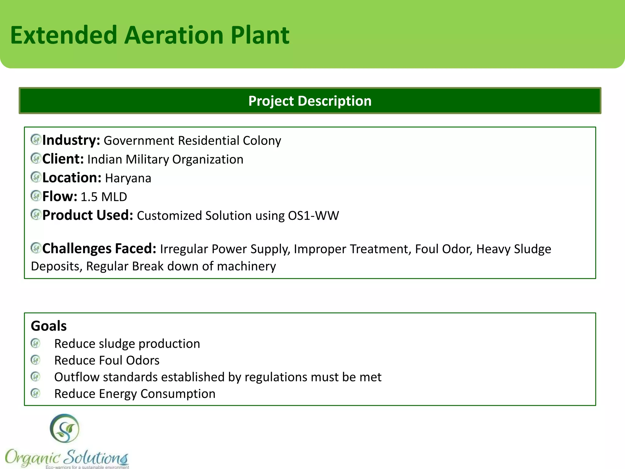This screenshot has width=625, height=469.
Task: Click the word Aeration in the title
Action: (x=174, y=35)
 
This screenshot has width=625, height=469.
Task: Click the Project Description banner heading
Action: (x=310, y=101)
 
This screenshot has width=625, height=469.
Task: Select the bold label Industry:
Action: (x=71, y=140)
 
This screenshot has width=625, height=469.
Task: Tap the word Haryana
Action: (x=128, y=178)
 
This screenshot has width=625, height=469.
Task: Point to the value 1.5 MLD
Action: (x=104, y=197)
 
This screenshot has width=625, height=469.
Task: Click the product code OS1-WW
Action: (x=313, y=216)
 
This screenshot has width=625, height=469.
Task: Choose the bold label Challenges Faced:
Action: (x=99, y=249)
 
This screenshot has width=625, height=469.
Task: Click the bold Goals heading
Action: (x=49, y=326)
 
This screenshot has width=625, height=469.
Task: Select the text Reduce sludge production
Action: (x=127, y=344)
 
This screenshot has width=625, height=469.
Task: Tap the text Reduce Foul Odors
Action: (x=107, y=361)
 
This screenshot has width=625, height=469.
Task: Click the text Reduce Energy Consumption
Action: (x=135, y=394)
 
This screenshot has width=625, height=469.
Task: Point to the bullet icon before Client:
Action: (x=36, y=158)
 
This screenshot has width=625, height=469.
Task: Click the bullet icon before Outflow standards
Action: (x=36, y=376)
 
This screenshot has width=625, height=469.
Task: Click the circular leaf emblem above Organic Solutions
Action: (x=64, y=428)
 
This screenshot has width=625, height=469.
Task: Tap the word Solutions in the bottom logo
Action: (x=97, y=457)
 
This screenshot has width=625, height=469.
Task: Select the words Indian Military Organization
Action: (x=165, y=160)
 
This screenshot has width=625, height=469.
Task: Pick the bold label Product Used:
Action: (x=88, y=216)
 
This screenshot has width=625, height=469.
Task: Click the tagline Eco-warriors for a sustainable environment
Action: (x=87, y=467)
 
